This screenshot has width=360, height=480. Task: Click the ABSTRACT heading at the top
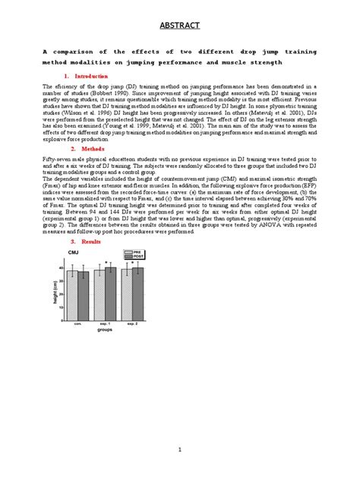tap(179, 26)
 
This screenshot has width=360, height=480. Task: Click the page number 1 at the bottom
tap(179, 450)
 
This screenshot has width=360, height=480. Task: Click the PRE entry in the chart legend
tap(137, 251)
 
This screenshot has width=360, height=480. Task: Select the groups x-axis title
tap(105, 330)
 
